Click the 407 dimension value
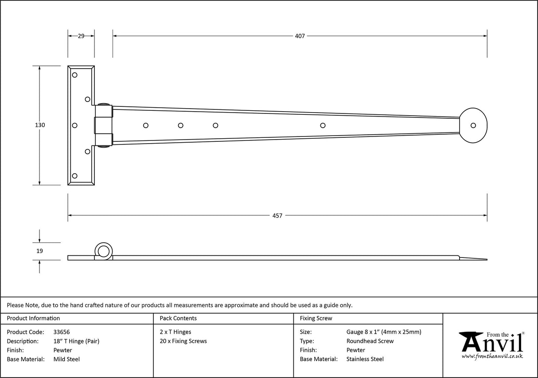(x=300, y=36)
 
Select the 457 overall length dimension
(x=277, y=216)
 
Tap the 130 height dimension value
(x=40, y=125)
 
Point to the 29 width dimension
(x=81, y=36)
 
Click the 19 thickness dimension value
(x=40, y=251)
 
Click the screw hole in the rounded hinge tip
(x=473, y=125)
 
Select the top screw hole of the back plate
(x=74, y=75)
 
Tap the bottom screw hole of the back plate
(x=74, y=176)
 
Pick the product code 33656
(x=61, y=332)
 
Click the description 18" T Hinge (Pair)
(x=76, y=341)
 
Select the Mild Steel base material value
(x=66, y=359)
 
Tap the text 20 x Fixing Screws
(x=183, y=341)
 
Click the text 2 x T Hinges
(x=175, y=332)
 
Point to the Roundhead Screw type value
(x=370, y=341)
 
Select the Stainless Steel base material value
(x=365, y=359)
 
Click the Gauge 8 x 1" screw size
(x=383, y=332)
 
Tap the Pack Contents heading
(x=178, y=318)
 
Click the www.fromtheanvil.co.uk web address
(x=492, y=356)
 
